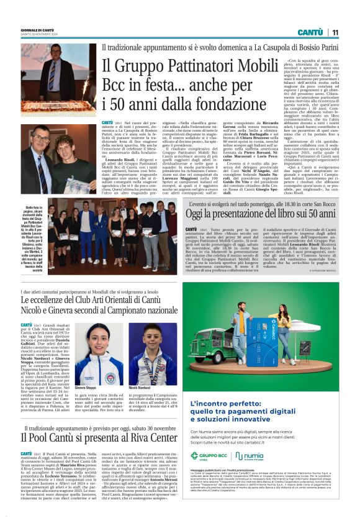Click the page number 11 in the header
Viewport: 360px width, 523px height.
click(335, 32)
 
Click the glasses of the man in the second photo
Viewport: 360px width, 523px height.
click(40, 139)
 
